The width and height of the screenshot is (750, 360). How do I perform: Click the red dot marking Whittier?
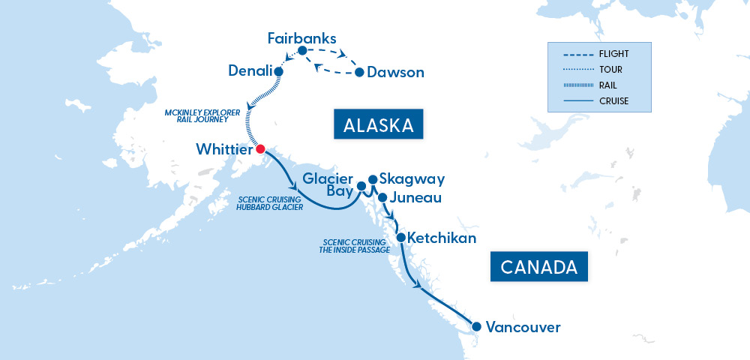(x=260, y=148)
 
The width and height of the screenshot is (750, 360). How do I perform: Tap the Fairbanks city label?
(x=302, y=37)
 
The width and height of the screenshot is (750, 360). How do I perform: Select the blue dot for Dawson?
(x=359, y=73)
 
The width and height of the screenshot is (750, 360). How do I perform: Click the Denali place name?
(x=250, y=71)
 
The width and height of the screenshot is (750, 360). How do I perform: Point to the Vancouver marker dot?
(x=475, y=326)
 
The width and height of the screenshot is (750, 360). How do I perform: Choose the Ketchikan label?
(x=444, y=238)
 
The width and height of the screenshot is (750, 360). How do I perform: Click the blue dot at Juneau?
(x=382, y=198)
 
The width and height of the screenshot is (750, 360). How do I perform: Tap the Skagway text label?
(x=412, y=178)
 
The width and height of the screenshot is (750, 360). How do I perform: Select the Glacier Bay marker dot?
(x=361, y=185)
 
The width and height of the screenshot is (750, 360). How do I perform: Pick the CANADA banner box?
(x=538, y=266)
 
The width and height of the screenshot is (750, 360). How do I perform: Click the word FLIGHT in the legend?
(x=614, y=54)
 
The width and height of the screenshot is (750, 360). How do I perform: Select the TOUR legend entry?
(x=610, y=70)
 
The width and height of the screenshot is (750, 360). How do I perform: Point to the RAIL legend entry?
(x=608, y=85)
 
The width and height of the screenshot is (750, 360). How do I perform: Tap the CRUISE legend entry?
(x=613, y=100)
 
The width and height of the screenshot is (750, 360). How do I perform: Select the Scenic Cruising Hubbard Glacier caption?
(x=270, y=203)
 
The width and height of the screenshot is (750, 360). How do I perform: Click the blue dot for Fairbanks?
(x=302, y=51)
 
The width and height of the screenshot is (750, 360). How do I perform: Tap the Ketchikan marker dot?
(x=401, y=238)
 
